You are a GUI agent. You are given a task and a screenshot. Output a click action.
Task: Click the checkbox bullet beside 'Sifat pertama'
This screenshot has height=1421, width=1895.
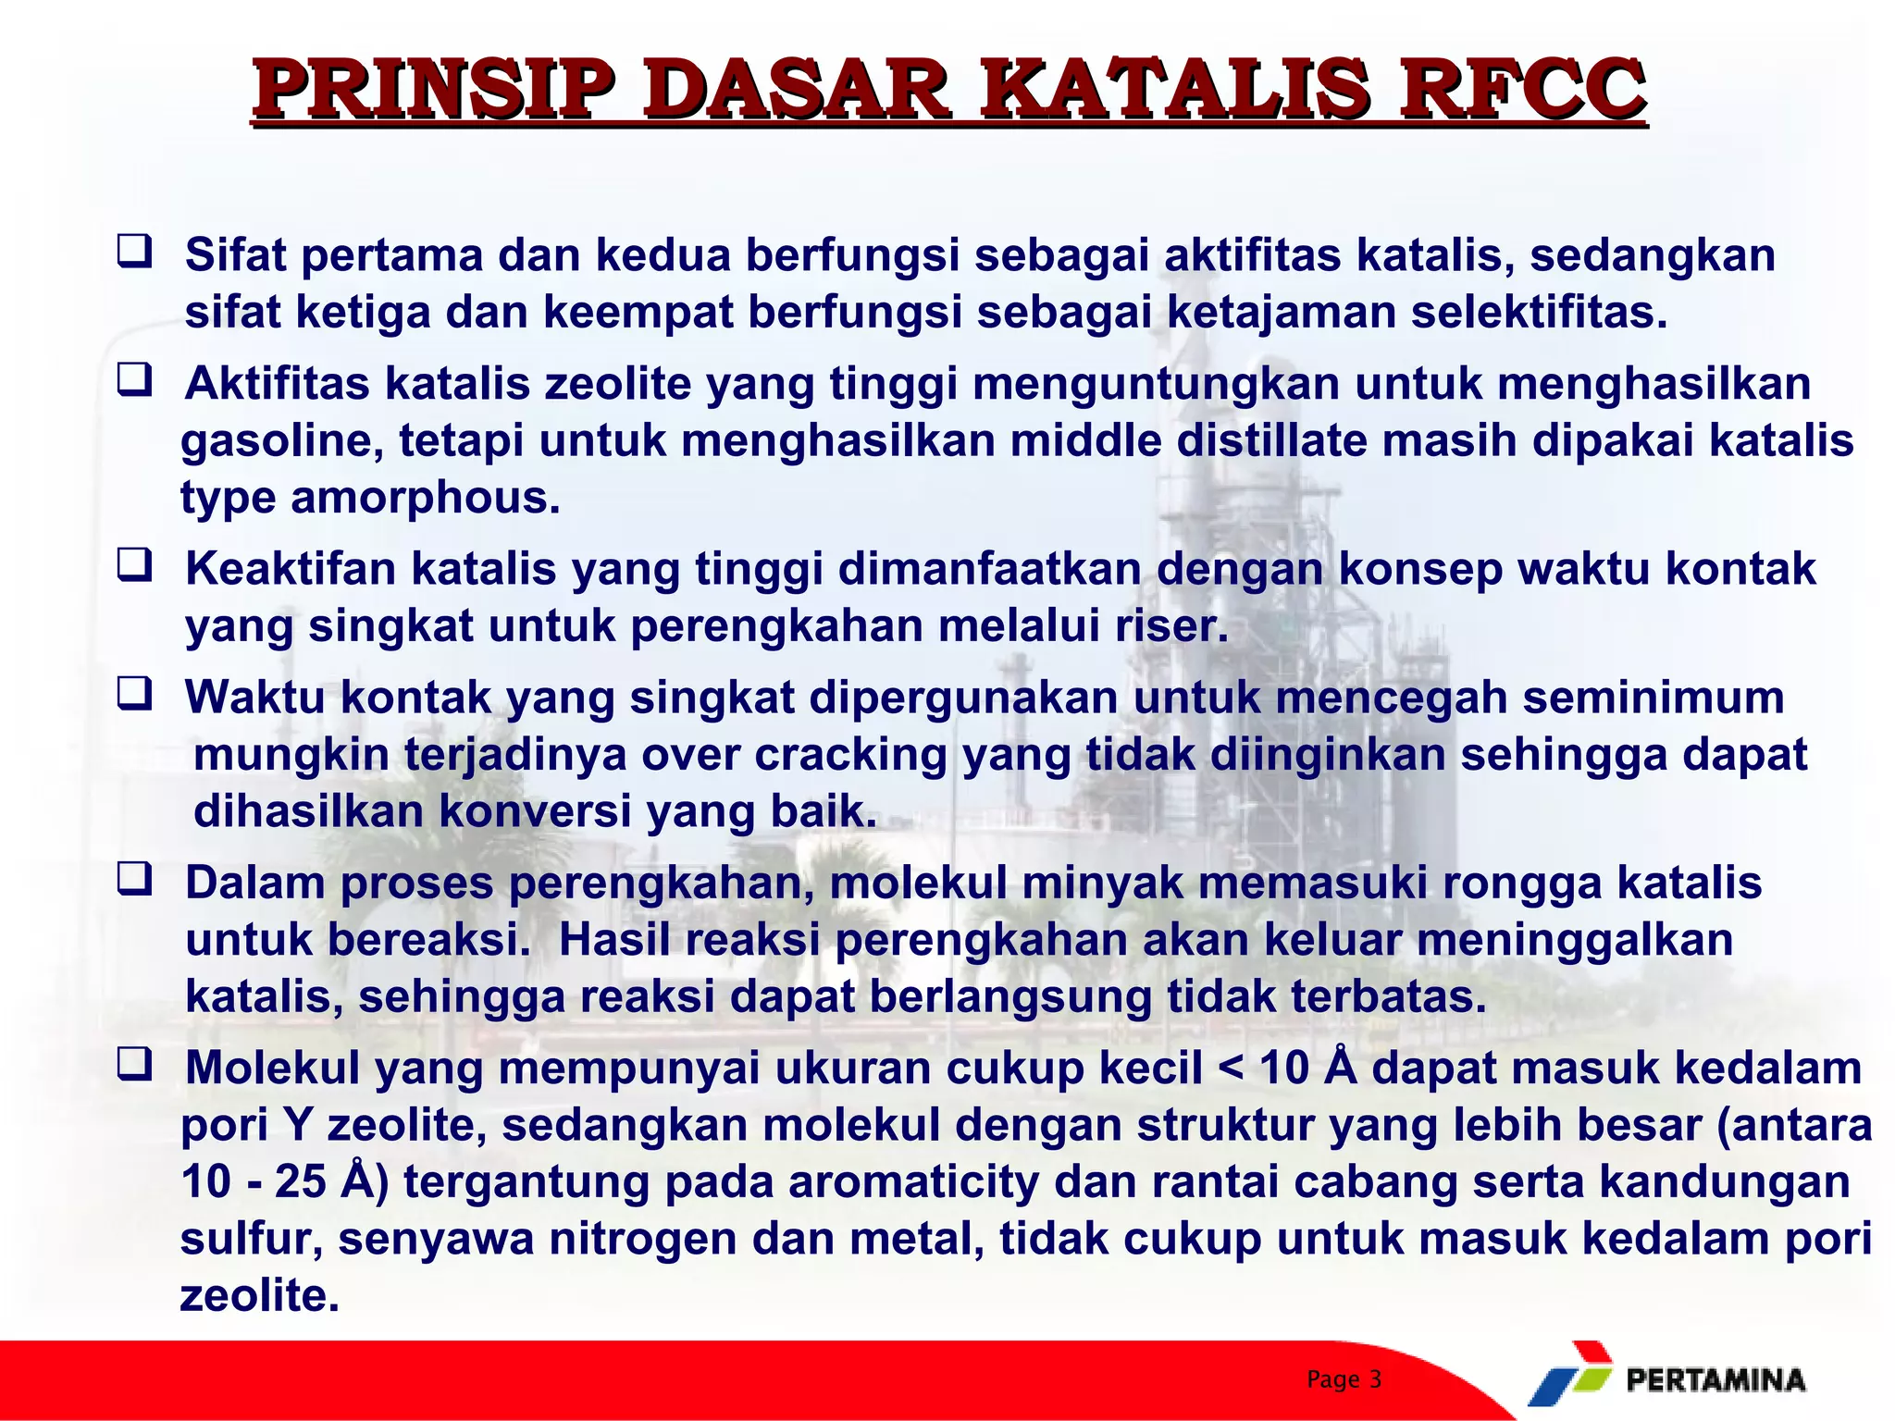click(x=134, y=252)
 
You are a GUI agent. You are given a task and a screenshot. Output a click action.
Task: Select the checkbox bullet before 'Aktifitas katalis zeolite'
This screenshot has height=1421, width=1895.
click(x=134, y=380)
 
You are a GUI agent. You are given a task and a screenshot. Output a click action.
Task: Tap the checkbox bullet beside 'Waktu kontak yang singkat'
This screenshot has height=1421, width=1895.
click(x=134, y=693)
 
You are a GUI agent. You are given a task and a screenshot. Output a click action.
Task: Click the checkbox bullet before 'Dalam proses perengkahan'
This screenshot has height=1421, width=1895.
click(x=134, y=878)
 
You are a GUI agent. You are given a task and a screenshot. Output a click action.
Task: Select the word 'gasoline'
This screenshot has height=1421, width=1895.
click(x=281, y=441)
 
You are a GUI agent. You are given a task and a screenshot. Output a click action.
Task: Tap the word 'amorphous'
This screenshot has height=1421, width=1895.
click(x=425, y=499)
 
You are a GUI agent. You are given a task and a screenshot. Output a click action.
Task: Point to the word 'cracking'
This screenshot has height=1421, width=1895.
click(x=850, y=755)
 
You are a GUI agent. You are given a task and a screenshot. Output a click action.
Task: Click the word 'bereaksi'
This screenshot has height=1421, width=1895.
click(x=429, y=940)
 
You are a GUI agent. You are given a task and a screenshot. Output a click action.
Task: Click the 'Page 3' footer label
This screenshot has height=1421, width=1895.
click(x=1344, y=1379)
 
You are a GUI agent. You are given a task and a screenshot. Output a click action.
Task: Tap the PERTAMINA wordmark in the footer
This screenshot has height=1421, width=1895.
click(x=1715, y=1380)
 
